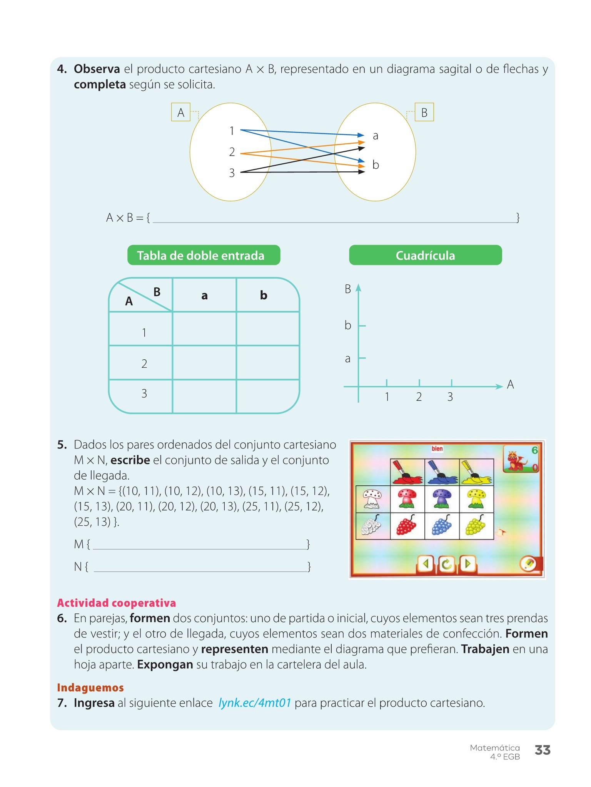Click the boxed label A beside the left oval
pos(180,112)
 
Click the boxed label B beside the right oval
pos(424,112)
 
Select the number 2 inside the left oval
pos(232,152)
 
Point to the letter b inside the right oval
pos(376,165)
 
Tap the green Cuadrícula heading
pos(425,255)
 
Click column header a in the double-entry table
pos(204,295)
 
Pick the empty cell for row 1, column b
pos(268,329)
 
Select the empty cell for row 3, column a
pos(204,396)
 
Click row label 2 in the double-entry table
pos(144,364)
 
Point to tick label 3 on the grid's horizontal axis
pos(450,397)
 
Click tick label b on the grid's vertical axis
pos(348,325)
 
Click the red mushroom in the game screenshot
pos(407,499)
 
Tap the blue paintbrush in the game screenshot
pos(442,472)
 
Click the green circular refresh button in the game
pos(447,564)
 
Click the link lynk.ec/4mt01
pos(255,703)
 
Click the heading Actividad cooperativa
pos(116,603)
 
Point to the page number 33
pos(543,750)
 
